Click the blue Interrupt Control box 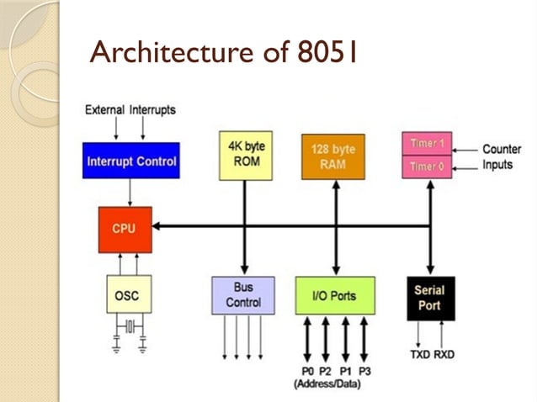coord(131,161)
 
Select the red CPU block coord(125,229)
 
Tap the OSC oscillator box coord(128,295)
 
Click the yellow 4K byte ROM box coord(245,155)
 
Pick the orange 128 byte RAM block coord(333,156)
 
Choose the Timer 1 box coord(428,143)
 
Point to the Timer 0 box coord(428,167)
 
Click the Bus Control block coord(242,295)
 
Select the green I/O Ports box coord(335,295)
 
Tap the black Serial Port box coord(429,297)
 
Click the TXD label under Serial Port coord(420,354)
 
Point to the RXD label coord(444,354)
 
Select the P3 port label coord(364,371)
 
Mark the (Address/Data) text coord(333,384)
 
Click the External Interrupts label coord(130,110)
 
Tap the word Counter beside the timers coord(502,149)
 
